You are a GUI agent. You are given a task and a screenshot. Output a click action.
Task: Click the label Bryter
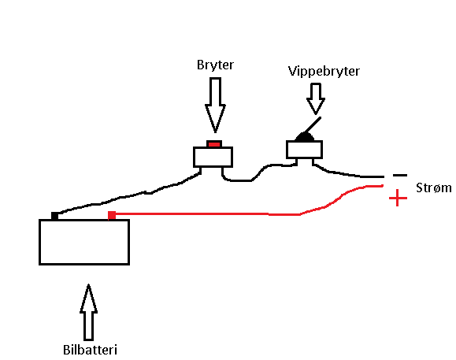point(215,65)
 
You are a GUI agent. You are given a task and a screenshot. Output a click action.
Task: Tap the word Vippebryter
point(324,71)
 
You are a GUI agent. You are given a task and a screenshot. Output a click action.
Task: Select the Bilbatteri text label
point(90,350)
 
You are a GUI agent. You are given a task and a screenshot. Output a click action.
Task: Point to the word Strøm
point(434,187)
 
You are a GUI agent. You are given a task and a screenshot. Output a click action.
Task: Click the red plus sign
point(398,199)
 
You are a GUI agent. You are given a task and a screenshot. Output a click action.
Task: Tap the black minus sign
point(400,175)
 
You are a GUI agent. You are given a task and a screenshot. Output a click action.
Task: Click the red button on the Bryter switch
point(214,144)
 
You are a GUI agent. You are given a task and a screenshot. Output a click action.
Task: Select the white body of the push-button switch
point(213,157)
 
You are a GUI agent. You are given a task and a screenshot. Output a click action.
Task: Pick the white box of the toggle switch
point(304,150)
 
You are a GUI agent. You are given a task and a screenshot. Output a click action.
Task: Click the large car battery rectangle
point(84,242)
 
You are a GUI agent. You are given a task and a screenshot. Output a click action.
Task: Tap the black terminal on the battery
point(54,216)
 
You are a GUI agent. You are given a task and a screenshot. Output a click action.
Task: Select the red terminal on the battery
point(112,215)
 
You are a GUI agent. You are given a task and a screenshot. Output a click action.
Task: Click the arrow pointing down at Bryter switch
point(215,105)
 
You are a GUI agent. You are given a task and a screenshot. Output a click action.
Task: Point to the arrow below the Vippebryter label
point(316,98)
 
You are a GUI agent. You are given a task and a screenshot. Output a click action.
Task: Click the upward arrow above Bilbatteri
point(88,312)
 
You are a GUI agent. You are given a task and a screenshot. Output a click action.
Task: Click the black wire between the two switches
point(256,174)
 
